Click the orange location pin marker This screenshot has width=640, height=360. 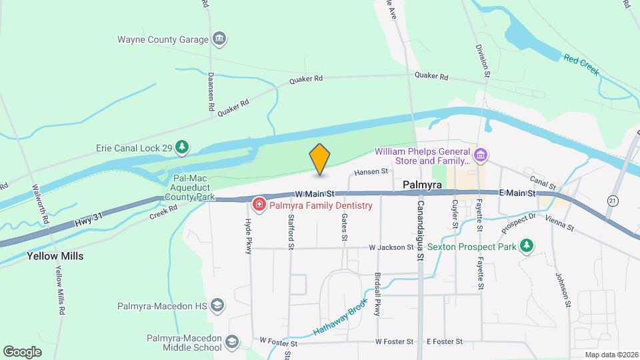320,159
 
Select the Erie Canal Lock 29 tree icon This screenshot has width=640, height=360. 182,147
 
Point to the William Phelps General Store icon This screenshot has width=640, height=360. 481,155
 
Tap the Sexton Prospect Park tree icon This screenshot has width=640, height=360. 527,246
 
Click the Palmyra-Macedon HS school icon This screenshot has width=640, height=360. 216,306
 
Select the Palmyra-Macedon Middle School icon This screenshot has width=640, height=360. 231,343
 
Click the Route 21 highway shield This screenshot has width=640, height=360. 613,200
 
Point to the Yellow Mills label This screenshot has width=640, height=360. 55,255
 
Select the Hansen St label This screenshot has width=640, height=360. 371,171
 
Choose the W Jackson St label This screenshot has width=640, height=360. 391,247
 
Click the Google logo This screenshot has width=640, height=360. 22,351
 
